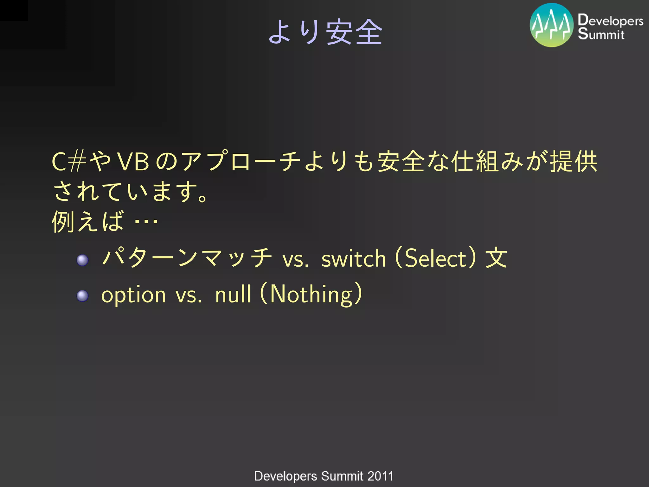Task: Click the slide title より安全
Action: (325, 32)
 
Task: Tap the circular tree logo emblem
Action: (551, 25)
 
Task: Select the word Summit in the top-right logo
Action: (601, 34)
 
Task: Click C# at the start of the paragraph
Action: (69, 162)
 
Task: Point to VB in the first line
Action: (133, 162)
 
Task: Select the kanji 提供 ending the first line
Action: (574, 162)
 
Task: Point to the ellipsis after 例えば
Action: (146, 221)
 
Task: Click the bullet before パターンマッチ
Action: (82, 260)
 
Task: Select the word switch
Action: (354, 259)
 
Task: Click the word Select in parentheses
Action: (435, 258)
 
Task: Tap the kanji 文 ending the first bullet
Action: (496, 258)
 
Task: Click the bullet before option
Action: (82, 296)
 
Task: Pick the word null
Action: (233, 294)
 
